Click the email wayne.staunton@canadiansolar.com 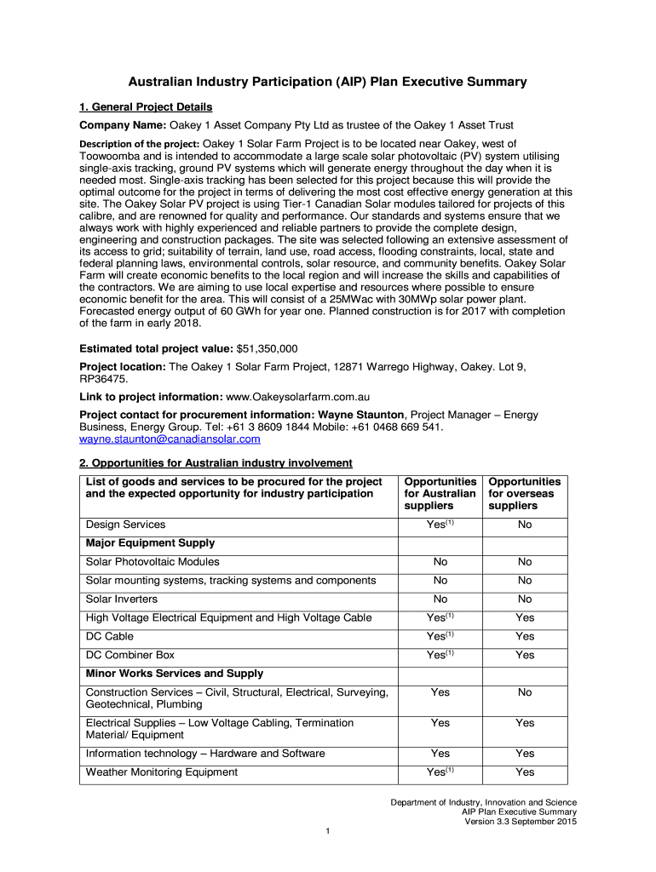click(x=170, y=439)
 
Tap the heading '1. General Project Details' click(x=146, y=106)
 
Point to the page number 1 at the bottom click(x=328, y=831)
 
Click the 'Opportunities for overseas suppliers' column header click(x=525, y=494)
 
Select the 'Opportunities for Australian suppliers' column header click(x=440, y=494)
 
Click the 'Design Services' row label click(x=125, y=525)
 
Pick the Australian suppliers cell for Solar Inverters click(x=440, y=599)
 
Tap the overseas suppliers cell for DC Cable click(x=525, y=636)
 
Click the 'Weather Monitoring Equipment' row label click(x=162, y=772)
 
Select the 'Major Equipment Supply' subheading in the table click(x=150, y=543)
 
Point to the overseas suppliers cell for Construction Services click(x=525, y=692)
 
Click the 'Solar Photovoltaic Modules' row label click(x=152, y=562)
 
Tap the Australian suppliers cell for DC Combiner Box click(x=440, y=655)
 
